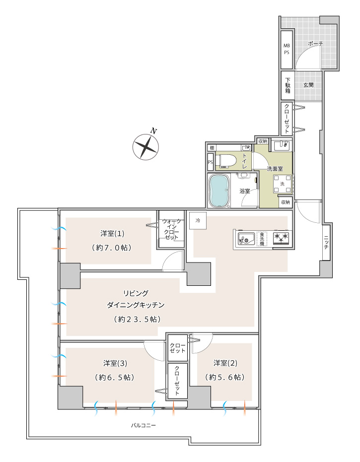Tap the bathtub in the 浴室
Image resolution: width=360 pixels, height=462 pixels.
click(219, 190)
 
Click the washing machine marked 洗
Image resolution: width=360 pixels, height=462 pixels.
click(282, 184)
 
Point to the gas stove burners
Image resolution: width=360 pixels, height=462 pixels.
click(281, 238)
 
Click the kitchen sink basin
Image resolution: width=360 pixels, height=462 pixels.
click(246, 238)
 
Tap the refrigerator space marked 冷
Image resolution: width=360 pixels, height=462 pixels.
click(198, 220)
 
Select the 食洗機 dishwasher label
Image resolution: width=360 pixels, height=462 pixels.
click(262, 239)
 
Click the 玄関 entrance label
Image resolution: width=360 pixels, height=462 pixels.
click(308, 85)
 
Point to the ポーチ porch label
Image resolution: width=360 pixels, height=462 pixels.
click(315, 44)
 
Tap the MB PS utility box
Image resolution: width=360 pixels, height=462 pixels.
click(287, 50)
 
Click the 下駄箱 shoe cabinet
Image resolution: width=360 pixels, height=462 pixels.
click(288, 85)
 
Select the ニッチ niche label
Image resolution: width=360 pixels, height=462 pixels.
click(326, 242)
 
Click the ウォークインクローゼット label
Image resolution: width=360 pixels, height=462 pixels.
click(171, 229)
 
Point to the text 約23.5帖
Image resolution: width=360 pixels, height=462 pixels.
click(137, 319)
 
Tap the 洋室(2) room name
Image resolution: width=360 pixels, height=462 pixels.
click(225, 363)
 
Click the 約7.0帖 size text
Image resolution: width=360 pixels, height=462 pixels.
click(112, 248)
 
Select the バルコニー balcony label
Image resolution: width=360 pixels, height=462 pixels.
click(144, 425)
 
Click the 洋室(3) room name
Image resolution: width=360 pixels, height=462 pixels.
click(115, 363)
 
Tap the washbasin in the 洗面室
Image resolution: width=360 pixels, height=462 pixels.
click(281, 145)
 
